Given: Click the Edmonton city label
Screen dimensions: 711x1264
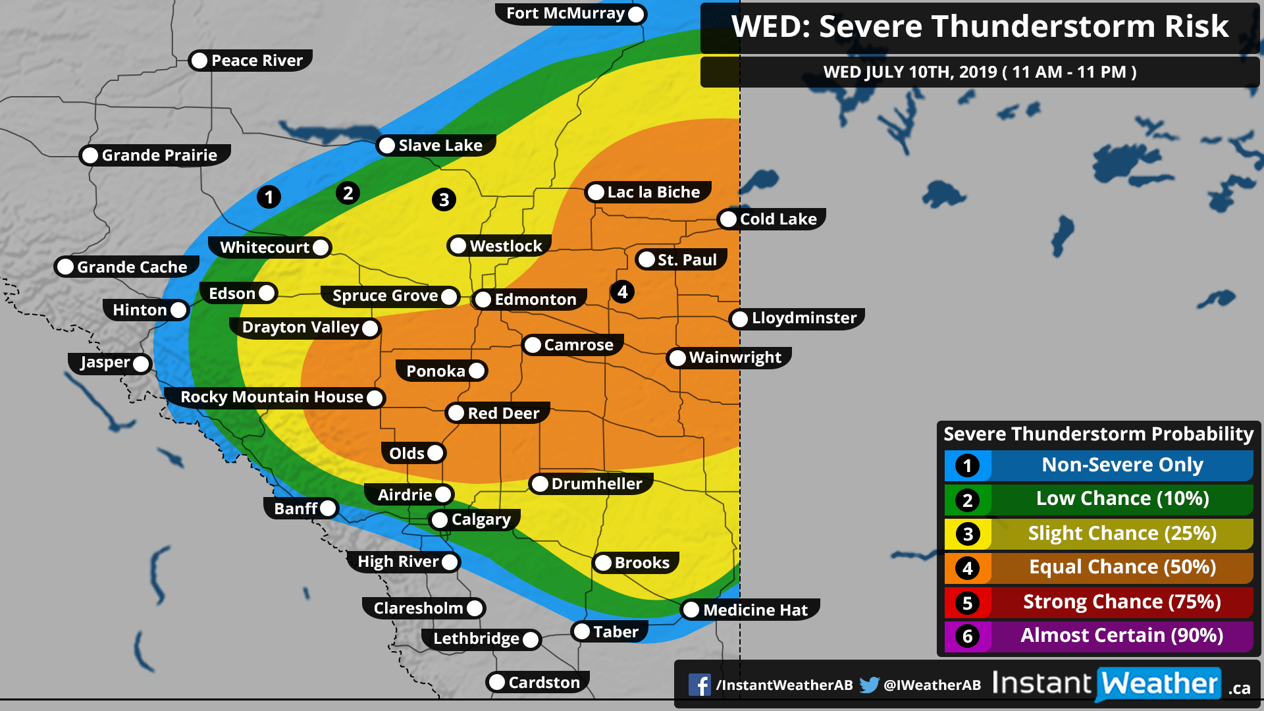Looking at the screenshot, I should point(535,300).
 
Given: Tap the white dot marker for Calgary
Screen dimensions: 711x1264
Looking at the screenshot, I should point(440,520).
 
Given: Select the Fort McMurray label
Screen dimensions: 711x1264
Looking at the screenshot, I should point(565,14).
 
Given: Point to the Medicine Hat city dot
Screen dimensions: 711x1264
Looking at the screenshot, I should point(691,610).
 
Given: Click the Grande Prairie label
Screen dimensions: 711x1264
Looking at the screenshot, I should point(159,155).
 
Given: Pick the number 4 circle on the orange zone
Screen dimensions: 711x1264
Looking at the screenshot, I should point(622,292).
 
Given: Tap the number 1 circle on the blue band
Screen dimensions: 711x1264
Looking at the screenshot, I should point(269,197).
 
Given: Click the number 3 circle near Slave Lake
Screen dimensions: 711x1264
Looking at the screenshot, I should point(444,199).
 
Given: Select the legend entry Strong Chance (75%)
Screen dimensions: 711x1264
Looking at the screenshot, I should point(1121,602).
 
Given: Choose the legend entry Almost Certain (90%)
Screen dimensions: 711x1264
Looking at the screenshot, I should point(1121,636).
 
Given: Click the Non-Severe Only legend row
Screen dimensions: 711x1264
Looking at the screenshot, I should point(1121,465).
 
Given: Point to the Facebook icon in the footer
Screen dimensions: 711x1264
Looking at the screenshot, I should point(699,685).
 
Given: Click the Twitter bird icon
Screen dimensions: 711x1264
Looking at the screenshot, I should point(869,685).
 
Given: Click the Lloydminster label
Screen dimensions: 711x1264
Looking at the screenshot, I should point(803,319).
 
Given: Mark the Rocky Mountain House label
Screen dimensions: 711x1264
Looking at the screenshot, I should point(271,397).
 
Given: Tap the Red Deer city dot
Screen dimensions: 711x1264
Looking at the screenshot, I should point(456,413).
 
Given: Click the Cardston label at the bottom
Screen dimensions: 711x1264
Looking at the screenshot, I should point(543,683).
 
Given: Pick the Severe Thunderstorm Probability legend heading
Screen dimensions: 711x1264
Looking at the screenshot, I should point(1098,434).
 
